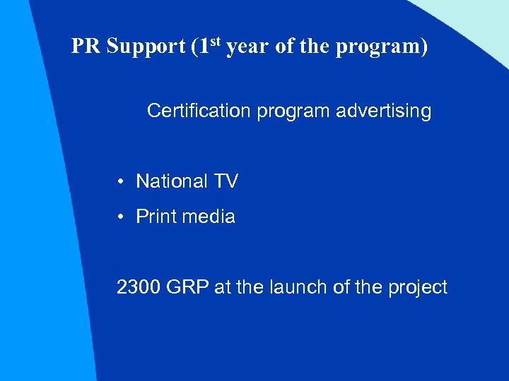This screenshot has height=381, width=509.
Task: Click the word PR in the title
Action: tap(86, 46)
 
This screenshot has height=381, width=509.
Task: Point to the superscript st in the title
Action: tap(215, 41)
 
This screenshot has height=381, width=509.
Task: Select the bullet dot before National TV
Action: tap(122, 182)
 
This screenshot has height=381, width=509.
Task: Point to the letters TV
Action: tap(226, 181)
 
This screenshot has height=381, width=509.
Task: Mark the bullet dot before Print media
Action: tap(122, 217)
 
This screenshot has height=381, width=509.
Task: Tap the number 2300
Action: tap(139, 287)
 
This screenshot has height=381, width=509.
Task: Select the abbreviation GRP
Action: tap(186, 287)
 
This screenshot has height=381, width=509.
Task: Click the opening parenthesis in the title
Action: tap(194, 47)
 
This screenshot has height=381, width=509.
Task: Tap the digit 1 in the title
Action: tap(204, 46)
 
